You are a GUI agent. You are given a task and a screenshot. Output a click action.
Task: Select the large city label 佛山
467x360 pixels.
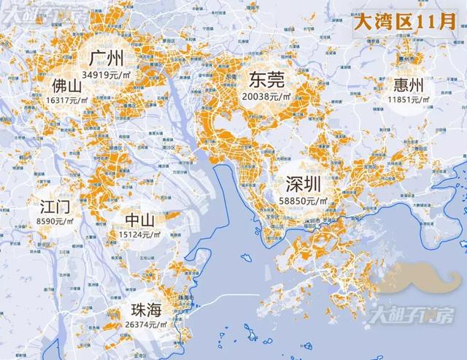[67, 85]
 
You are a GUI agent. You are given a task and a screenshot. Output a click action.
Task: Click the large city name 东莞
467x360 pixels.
[266, 80]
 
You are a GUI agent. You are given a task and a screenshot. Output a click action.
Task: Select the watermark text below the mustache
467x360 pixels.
[414, 315]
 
